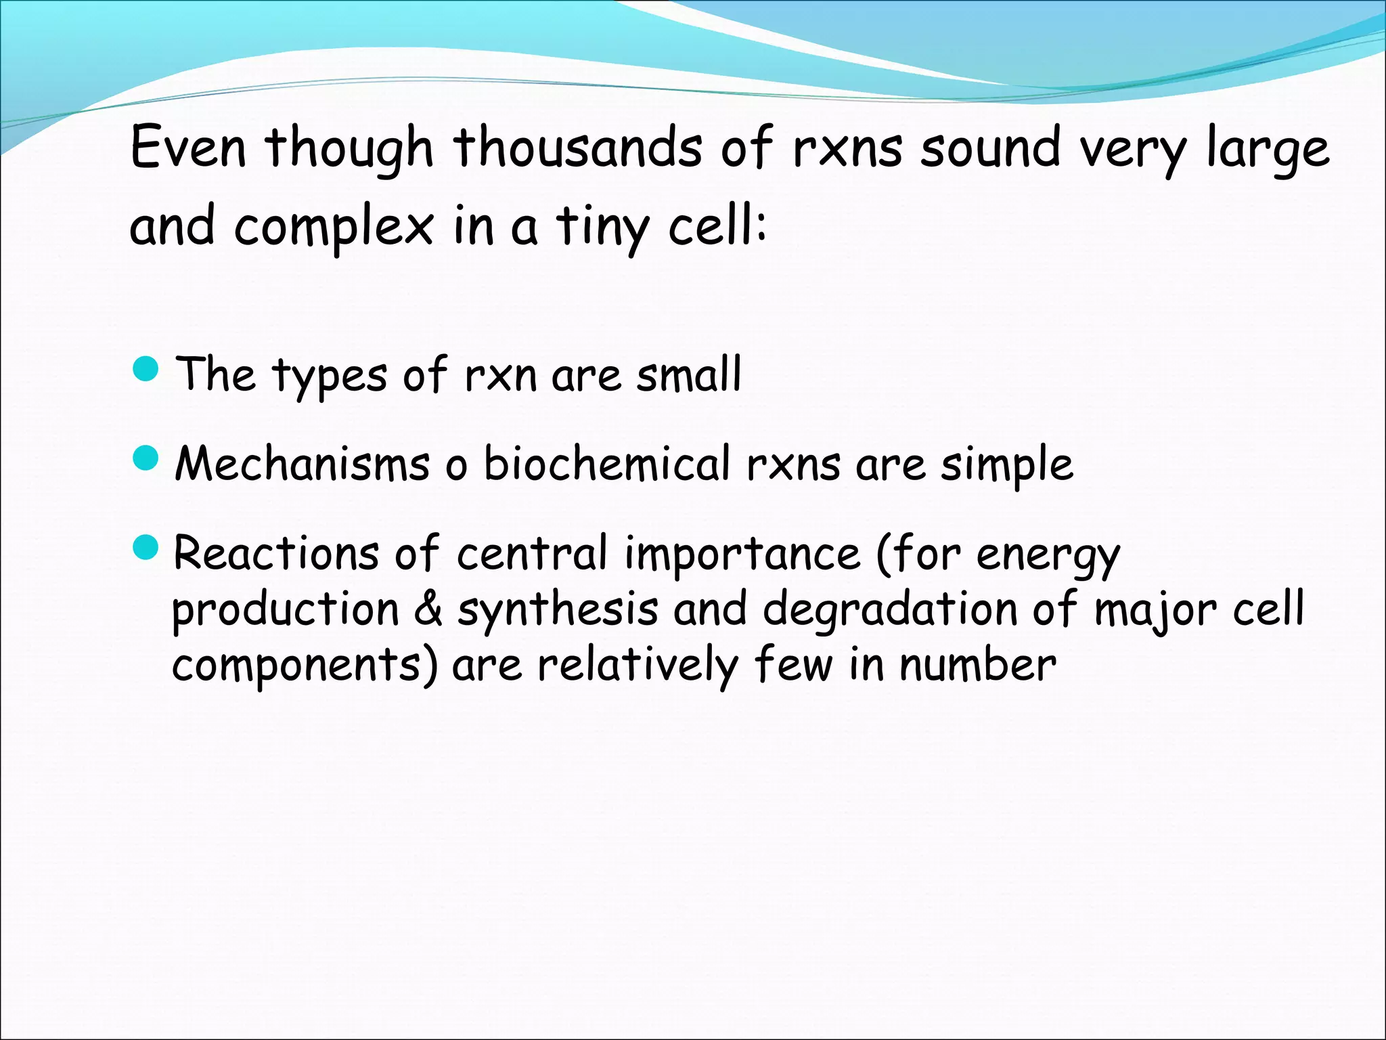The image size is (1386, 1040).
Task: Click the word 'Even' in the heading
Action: (x=187, y=148)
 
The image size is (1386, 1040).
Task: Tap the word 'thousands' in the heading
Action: (x=577, y=148)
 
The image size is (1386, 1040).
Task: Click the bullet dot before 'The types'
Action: (x=146, y=369)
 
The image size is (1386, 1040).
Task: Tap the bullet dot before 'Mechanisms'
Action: (x=146, y=458)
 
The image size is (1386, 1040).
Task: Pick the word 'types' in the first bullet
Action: (x=330, y=376)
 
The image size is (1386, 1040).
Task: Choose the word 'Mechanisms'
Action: (x=302, y=464)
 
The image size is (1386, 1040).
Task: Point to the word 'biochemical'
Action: (x=607, y=464)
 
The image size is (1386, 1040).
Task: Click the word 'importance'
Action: (x=742, y=555)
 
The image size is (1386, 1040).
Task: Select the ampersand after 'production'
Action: (x=428, y=609)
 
